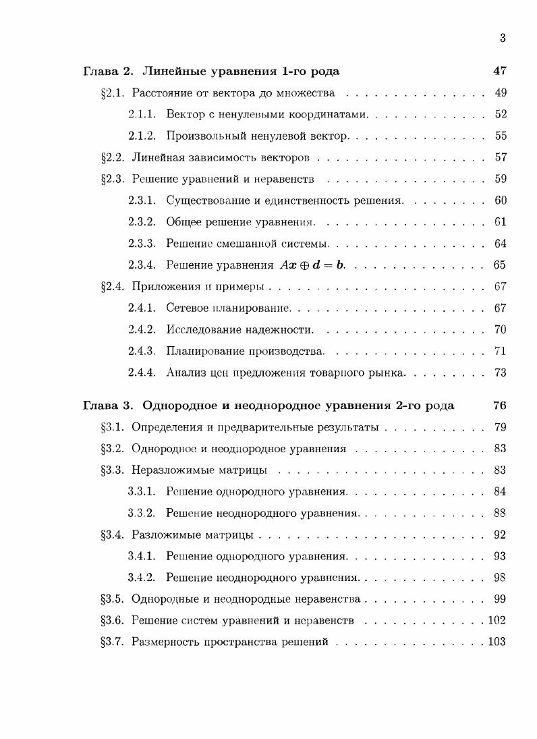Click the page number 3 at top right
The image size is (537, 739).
[x=503, y=38]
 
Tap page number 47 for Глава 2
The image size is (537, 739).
[x=500, y=71]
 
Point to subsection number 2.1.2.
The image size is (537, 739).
[x=142, y=136]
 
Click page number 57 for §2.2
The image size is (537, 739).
[x=500, y=157]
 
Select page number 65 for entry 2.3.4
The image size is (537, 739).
[x=500, y=265]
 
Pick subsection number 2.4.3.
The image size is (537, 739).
[x=142, y=351]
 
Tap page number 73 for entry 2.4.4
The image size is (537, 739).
[x=500, y=373]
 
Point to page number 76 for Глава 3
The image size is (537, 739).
[x=500, y=406]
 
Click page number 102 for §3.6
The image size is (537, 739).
[x=497, y=620]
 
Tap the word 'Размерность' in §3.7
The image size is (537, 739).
[x=163, y=642]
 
